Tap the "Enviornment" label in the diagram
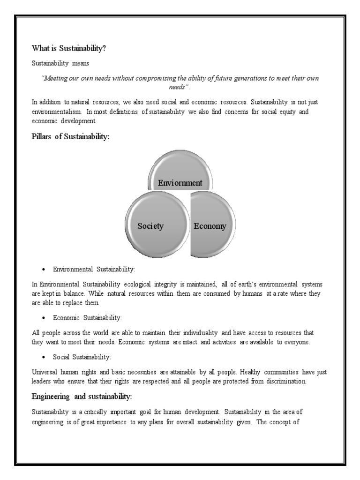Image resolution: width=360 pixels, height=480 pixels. tap(180, 183)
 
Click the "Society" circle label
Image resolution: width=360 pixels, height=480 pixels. tap(150, 226)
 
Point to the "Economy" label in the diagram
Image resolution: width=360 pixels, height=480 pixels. tap(210, 226)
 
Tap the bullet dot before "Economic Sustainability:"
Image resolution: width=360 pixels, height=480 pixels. tap(43, 318)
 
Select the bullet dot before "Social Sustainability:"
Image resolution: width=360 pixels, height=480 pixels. tap(43, 357)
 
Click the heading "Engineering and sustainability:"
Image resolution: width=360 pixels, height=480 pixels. tap(82, 397)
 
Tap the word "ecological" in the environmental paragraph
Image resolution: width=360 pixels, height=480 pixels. tap(140, 285)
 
